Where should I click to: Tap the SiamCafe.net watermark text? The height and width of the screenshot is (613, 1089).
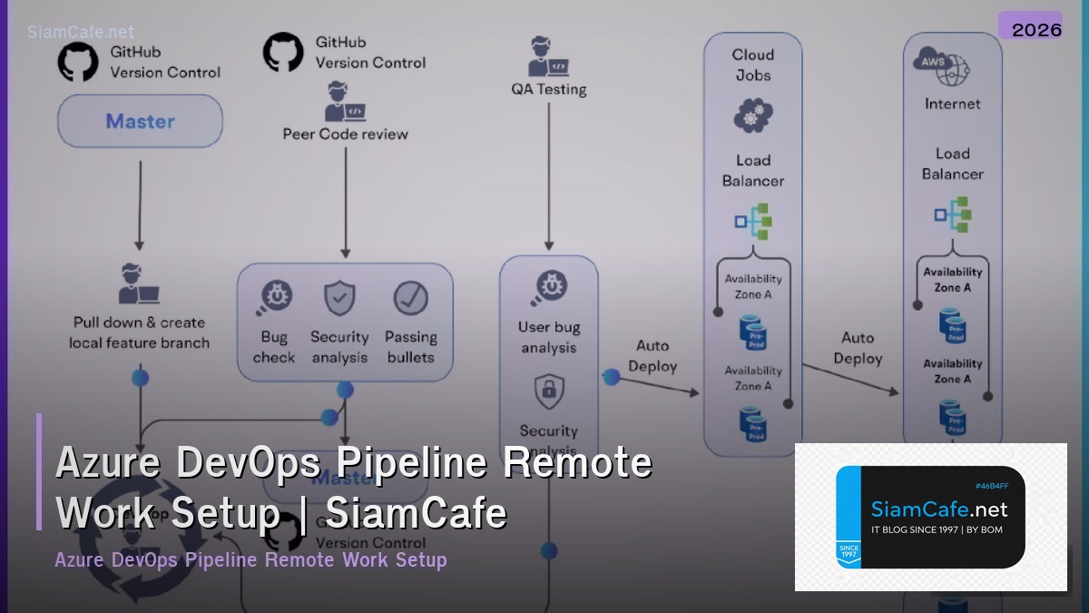81,32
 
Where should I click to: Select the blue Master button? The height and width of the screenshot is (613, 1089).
140,121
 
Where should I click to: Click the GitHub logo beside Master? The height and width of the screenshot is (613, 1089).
78,61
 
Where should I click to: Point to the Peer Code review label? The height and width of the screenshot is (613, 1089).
345,134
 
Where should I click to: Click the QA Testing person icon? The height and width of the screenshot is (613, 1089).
548,57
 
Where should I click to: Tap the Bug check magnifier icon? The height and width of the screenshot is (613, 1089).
273,298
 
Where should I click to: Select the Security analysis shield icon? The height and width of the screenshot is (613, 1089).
339,298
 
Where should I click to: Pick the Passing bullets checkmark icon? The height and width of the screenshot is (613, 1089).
410,298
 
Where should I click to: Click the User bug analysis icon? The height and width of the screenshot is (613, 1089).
548,288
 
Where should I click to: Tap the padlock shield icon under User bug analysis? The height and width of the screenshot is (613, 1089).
548,392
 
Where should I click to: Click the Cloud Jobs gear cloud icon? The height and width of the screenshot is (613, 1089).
752,116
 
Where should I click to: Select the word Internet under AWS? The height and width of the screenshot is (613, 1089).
952,104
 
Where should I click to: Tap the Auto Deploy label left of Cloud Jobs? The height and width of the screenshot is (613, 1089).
652,356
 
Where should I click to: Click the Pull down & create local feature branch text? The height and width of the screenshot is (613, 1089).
139,332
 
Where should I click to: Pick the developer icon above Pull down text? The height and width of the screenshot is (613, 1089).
139,284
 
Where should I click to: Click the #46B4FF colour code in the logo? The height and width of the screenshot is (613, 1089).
992,486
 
